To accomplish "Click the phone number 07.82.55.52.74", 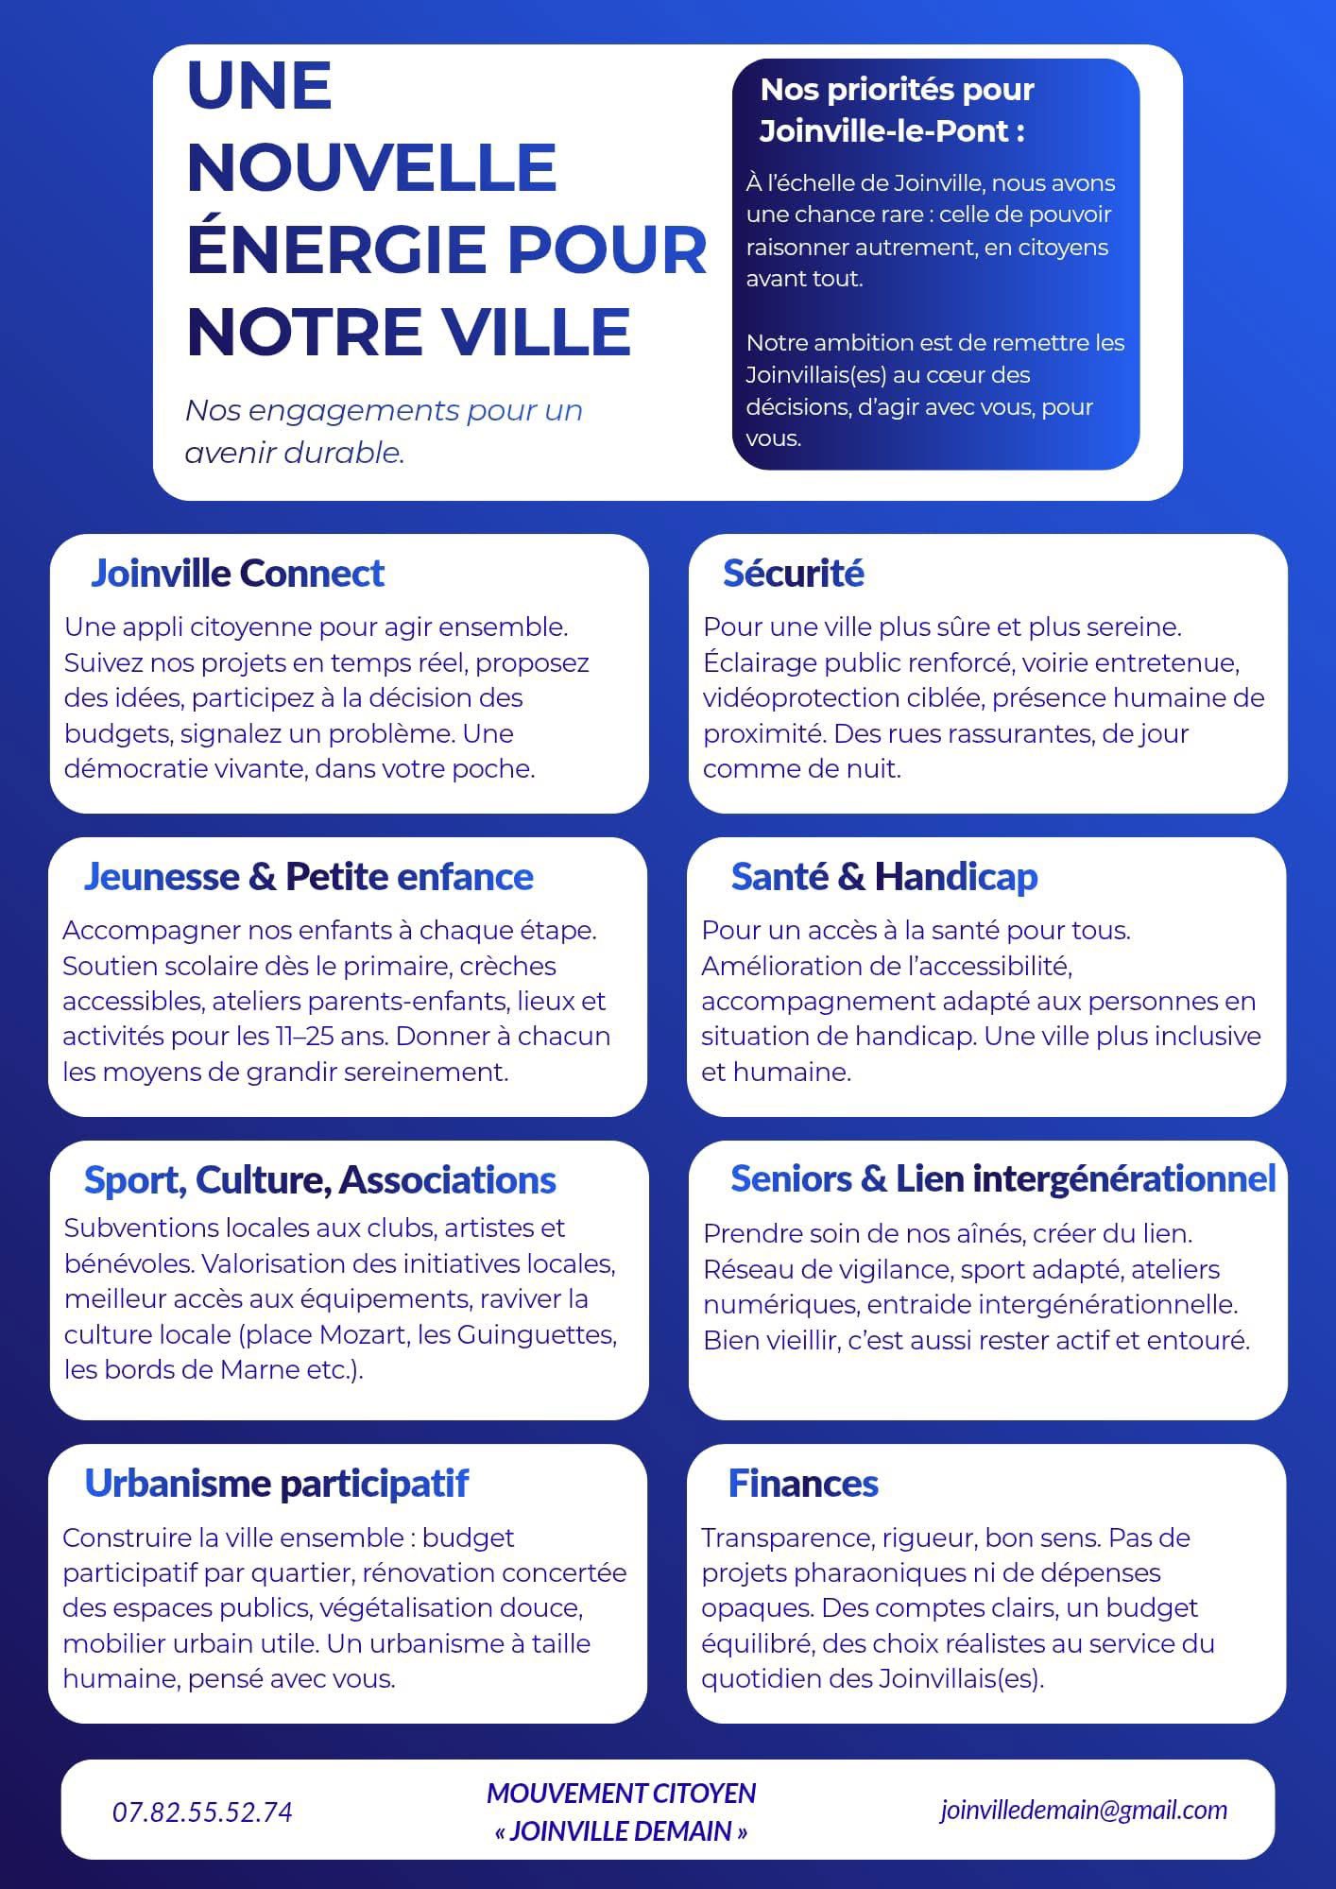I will point(202,1812).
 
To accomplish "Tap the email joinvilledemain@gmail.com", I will point(1084,1810).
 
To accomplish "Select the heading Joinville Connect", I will point(237,573).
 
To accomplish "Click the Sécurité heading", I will point(793,573).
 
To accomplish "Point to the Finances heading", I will point(803,1484).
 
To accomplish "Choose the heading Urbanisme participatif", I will point(276,1484).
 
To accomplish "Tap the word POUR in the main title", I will point(608,249).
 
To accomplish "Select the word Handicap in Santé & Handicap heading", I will point(956,877).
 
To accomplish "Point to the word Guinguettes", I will point(536,1334).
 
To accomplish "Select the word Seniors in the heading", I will point(790,1179).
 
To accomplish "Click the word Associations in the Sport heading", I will point(447,1180).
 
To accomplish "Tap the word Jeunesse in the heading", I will point(162,877).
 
